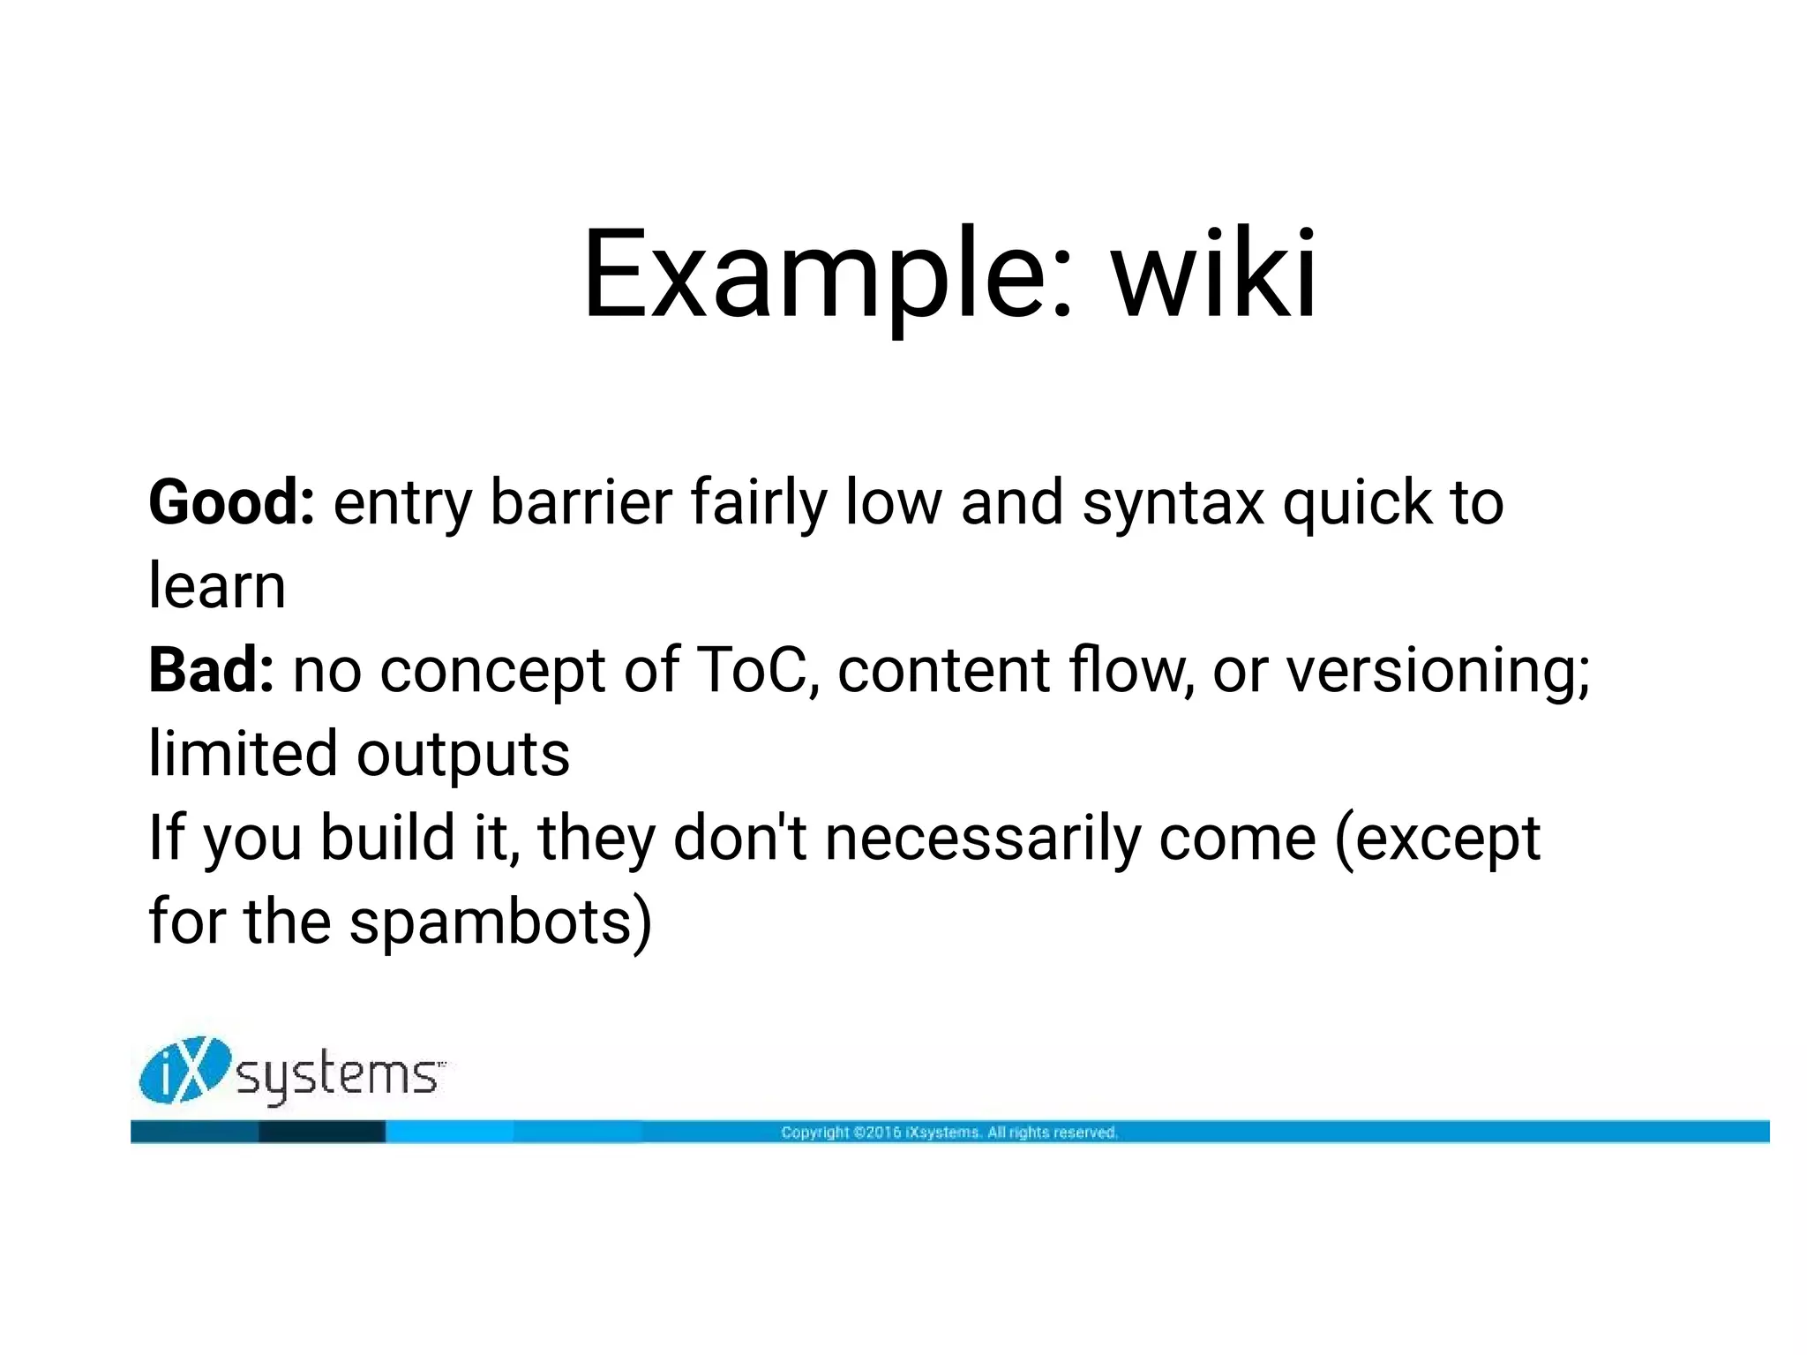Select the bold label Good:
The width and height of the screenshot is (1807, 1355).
[x=231, y=502]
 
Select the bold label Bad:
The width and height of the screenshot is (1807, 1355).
[x=211, y=670]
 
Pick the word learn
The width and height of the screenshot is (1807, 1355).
[x=217, y=586]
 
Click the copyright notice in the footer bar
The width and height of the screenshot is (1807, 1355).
[x=949, y=1133]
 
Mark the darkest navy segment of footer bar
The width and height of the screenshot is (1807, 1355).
[x=321, y=1132]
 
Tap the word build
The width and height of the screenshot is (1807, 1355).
[x=386, y=839]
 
